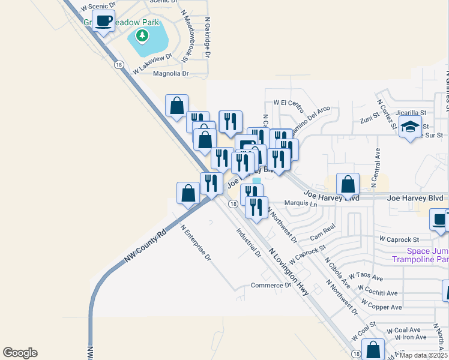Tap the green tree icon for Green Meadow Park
click(x=142, y=37)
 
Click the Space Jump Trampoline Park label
click(x=427, y=256)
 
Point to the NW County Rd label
click(x=145, y=247)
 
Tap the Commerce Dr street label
click(x=271, y=286)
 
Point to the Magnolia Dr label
click(x=171, y=74)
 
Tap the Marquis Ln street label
click(x=300, y=204)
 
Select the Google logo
click(x=20, y=353)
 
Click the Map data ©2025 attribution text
click(x=423, y=355)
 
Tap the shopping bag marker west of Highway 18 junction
click(x=188, y=193)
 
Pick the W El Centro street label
click(x=288, y=103)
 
